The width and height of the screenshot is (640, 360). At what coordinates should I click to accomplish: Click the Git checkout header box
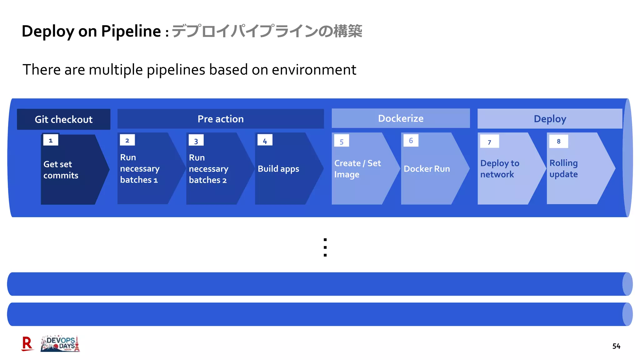click(x=63, y=119)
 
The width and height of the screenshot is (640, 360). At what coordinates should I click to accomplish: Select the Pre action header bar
click(x=220, y=119)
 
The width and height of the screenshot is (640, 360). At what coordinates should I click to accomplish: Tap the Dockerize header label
click(x=401, y=118)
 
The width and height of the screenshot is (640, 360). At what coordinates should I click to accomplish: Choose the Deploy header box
click(x=550, y=119)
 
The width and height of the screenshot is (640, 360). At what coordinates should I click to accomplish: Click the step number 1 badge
click(x=51, y=140)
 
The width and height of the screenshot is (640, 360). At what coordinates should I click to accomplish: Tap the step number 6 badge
click(x=411, y=141)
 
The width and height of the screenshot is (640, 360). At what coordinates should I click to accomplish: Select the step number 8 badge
click(x=558, y=141)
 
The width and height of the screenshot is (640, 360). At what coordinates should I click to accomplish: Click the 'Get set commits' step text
click(x=61, y=170)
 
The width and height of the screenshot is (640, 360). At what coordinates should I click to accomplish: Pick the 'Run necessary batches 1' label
click(x=139, y=168)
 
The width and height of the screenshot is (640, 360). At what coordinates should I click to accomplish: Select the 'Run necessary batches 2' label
click(x=208, y=169)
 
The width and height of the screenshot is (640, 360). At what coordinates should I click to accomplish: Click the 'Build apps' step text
click(x=278, y=169)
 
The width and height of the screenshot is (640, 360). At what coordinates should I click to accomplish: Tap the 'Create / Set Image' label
click(x=357, y=169)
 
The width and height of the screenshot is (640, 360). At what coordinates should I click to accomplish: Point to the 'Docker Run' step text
click(x=427, y=169)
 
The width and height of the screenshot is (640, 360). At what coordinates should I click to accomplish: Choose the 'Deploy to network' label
click(x=499, y=169)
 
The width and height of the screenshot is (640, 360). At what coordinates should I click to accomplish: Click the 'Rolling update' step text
click(x=563, y=168)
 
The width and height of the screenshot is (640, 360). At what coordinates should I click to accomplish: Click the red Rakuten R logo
click(x=27, y=344)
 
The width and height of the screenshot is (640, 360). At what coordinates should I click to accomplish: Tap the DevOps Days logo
click(x=60, y=344)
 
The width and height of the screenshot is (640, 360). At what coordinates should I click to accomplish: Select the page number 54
click(x=616, y=346)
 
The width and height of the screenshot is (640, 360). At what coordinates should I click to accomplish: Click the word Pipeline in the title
click(x=131, y=31)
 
